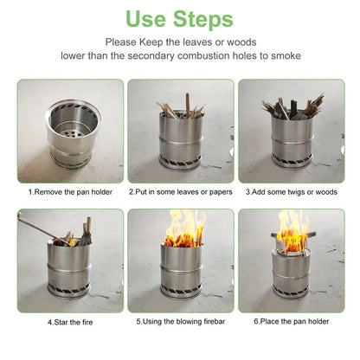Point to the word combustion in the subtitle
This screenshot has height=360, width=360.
click(220, 55)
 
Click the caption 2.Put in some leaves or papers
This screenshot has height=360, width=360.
click(180, 191)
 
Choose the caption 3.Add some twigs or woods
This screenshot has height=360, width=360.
click(292, 191)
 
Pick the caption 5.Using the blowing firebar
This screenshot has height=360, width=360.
click(180, 322)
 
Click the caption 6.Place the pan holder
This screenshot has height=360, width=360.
click(291, 322)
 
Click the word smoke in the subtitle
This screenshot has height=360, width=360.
click(285, 55)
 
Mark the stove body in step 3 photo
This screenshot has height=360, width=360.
click(292, 143)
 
